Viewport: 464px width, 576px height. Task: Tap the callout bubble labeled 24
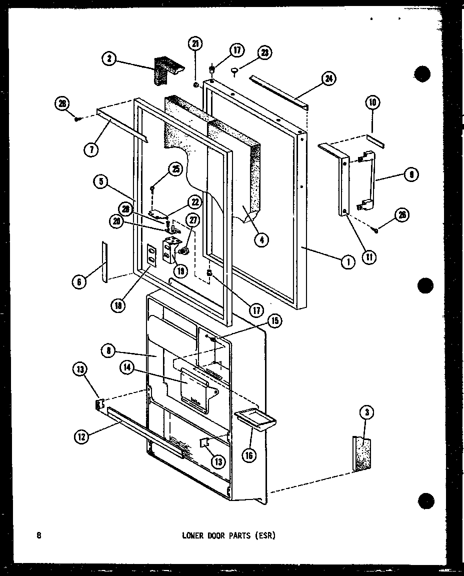point(328,78)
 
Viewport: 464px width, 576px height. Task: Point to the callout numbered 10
point(373,103)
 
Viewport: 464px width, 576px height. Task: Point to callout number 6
point(78,282)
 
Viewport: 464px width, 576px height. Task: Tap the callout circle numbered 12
point(81,436)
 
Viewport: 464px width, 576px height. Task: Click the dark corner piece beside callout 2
point(165,69)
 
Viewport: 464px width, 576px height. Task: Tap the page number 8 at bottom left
point(39,535)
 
